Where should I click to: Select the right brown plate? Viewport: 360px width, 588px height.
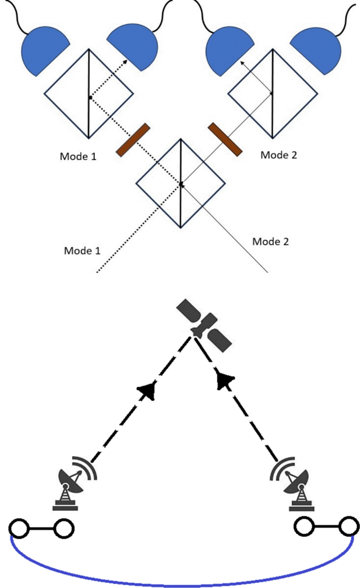tap(224, 140)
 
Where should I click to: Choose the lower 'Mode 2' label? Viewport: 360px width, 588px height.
tap(271, 241)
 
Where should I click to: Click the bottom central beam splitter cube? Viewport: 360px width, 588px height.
tap(181, 183)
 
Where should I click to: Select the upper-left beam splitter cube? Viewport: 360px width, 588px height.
tap(88, 94)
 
